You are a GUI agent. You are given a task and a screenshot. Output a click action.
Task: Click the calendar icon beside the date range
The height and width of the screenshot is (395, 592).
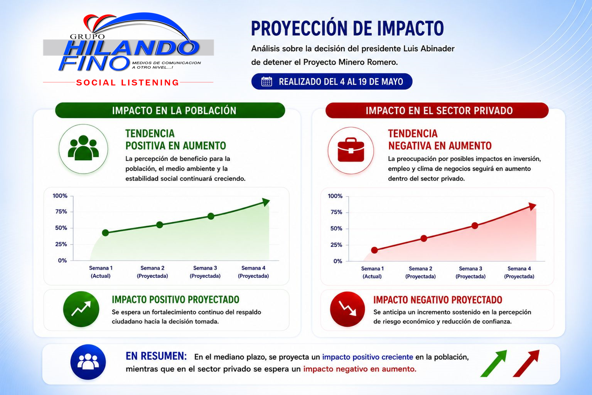(x=267, y=81)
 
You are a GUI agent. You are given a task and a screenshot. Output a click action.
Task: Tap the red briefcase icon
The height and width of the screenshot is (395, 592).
(x=351, y=150)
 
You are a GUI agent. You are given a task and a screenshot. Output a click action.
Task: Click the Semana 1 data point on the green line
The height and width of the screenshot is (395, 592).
(x=105, y=232)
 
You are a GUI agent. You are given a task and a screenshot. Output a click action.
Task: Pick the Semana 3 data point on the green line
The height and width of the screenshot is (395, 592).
(x=211, y=216)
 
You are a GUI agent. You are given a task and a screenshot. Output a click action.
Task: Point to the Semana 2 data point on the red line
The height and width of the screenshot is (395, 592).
(x=424, y=238)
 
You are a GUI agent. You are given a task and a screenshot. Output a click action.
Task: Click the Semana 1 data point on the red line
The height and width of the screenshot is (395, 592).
(x=374, y=250)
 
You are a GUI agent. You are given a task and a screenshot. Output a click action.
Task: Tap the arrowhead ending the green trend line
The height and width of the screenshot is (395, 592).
(x=266, y=202)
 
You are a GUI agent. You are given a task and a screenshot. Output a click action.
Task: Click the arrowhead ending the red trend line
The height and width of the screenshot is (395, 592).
(x=532, y=206)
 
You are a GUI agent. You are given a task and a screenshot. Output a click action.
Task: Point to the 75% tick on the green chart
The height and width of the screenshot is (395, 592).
(x=61, y=211)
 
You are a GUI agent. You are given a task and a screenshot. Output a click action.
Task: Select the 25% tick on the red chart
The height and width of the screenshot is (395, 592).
(x=336, y=245)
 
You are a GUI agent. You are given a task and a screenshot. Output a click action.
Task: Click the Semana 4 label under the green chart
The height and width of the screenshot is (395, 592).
(x=253, y=268)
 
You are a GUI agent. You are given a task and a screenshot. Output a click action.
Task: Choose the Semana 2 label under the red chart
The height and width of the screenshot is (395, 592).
(x=420, y=269)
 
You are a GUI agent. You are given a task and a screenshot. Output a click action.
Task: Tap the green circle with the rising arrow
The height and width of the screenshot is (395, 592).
(x=81, y=309)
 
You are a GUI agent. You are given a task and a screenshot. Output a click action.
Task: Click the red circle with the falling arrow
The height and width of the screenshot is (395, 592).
(x=347, y=309)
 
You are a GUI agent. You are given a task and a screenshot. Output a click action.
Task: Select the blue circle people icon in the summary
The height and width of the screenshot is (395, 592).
(x=88, y=362)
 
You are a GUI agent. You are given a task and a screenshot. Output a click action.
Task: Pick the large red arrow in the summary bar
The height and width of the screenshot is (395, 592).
(x=526, y=363)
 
